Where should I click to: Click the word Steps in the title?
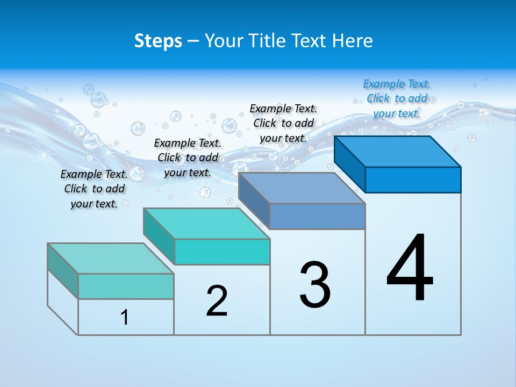pos(158,41)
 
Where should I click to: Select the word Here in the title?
pos(353,41)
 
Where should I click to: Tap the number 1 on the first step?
pos(125,318)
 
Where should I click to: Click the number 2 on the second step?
pos(217,300)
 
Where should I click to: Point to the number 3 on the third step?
pos(315,285)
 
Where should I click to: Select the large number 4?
pos(410,269)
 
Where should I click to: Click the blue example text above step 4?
pos(397,98)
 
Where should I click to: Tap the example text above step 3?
pos(283,123)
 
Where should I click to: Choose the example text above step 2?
pos(188,157)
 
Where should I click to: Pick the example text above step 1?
pos(94,189)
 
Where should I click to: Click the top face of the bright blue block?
pos(398,152)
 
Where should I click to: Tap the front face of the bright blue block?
pos(413,180)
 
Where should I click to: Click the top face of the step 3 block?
pos(302,188)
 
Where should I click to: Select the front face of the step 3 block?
pos(317,216)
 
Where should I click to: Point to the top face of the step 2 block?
pos(207,224)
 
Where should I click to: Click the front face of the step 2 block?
pos(222,252)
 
